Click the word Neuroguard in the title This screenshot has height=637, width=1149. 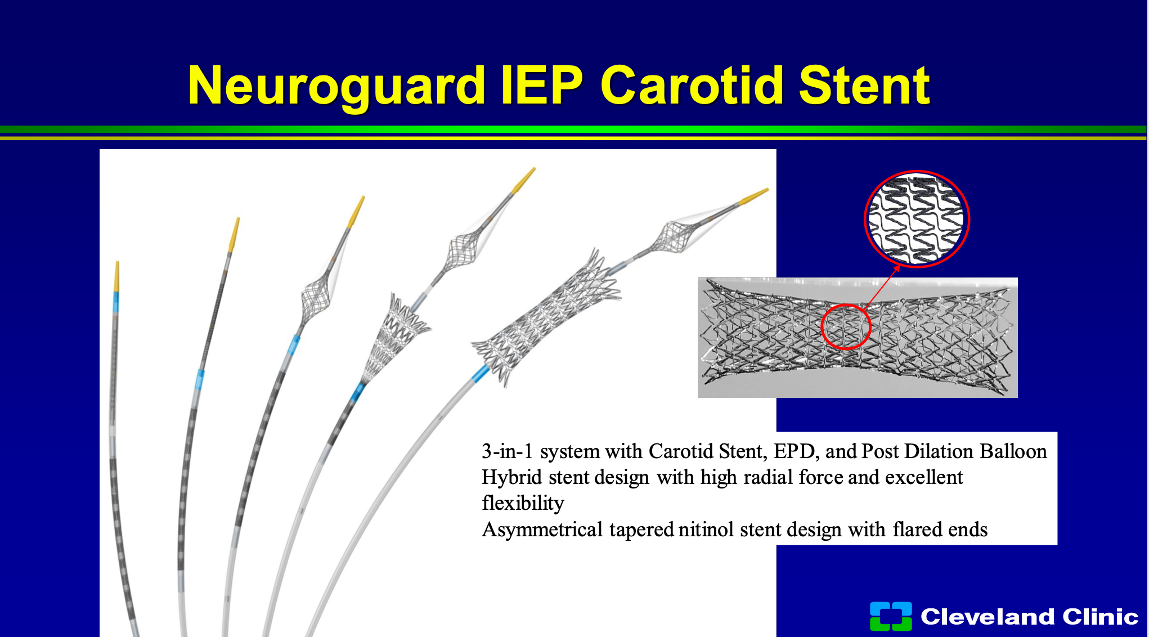pos(336,86)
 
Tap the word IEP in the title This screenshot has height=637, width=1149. pos(542,85)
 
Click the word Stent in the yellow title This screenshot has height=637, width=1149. pos(864,85)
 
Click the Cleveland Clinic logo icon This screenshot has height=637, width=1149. pos(891,616)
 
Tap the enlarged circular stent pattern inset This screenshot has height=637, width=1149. pos(917,219)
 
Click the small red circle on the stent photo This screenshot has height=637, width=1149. pos(846,327)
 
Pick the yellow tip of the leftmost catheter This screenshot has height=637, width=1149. pos(117,276)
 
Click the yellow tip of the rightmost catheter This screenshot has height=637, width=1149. pos(753,197)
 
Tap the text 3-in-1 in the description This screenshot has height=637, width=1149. pos(507,451)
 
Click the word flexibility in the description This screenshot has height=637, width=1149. pos(523,503)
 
